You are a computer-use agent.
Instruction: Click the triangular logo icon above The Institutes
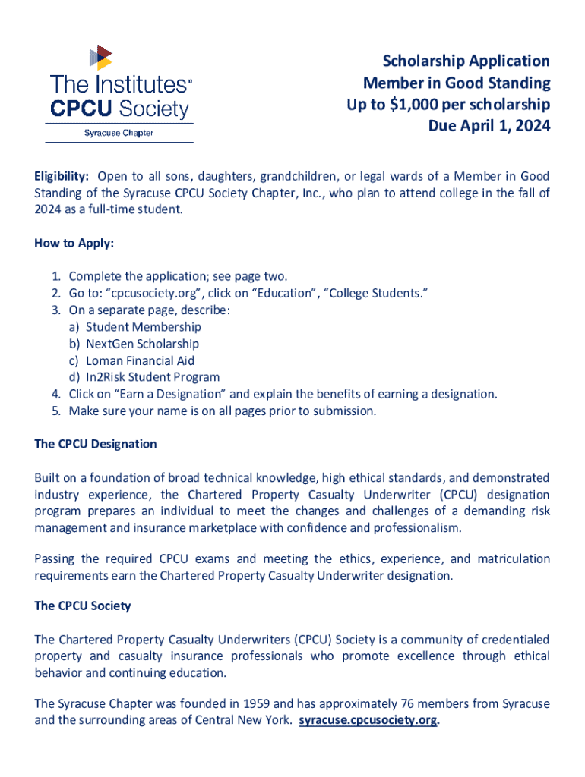(x=100, y=58)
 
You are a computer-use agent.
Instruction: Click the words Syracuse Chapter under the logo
(x=118, y=133)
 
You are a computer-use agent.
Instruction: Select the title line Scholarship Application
(x=466, y=61)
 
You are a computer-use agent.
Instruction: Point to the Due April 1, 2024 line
(x=489, y=125)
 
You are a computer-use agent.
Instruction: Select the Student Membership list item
(x=143, y=327)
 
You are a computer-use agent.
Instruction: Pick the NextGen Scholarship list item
(x=142, y=344)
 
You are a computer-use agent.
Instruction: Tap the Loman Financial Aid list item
(x=140, y=360)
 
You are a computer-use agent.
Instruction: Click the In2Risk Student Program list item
(x=153, y=377)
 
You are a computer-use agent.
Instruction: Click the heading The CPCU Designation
(x=96, y=444)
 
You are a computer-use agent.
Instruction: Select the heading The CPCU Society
(x=83, y=606)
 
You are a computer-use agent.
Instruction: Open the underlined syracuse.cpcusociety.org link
(x=368, y=721)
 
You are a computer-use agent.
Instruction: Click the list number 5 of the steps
(x=56, y=411)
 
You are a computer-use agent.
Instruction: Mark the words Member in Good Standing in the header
(x=456, y=83)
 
